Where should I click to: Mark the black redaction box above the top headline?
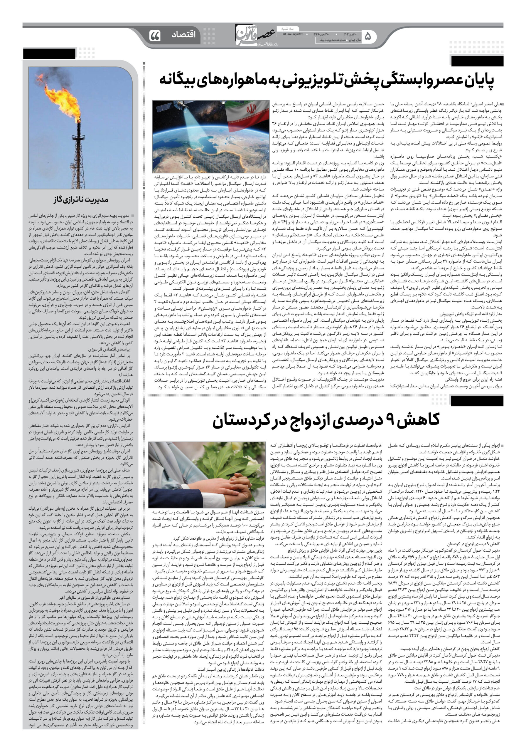477,61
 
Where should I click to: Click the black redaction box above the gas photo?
49,54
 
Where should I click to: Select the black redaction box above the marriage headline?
477,401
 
